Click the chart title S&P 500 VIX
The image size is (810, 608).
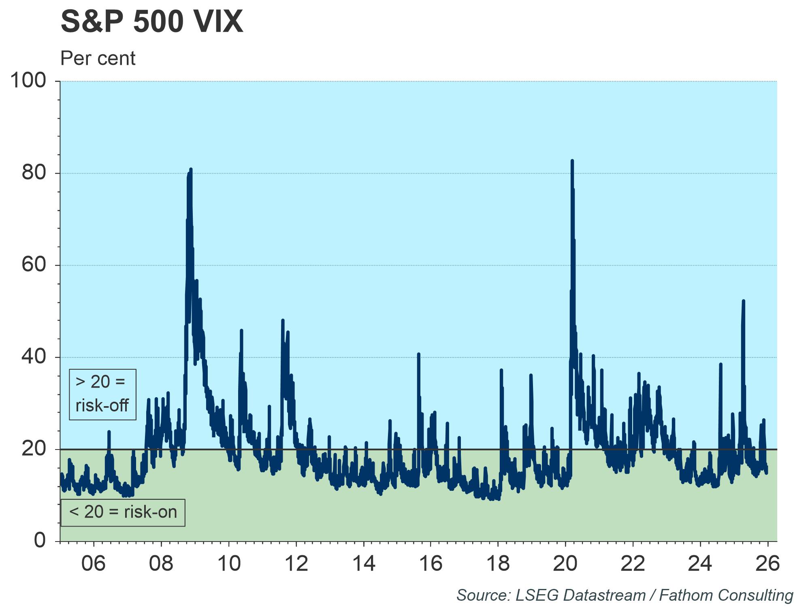152,22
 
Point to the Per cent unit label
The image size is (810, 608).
98,59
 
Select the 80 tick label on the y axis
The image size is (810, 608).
34,173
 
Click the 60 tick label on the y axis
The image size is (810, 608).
34,265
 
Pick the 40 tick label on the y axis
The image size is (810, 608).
34,357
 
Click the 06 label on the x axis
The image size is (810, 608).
94,563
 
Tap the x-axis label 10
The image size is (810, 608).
229,563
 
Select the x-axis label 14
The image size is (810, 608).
364,563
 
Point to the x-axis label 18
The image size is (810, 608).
498,563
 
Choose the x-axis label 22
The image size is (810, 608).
633,563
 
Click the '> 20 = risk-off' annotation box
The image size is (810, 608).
102,394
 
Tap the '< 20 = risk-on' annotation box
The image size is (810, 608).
123,512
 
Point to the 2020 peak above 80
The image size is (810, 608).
572,161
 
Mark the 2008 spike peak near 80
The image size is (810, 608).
190,169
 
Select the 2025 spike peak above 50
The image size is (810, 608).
743,301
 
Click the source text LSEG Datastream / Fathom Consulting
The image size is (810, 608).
625,595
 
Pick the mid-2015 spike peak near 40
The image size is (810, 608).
418,354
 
